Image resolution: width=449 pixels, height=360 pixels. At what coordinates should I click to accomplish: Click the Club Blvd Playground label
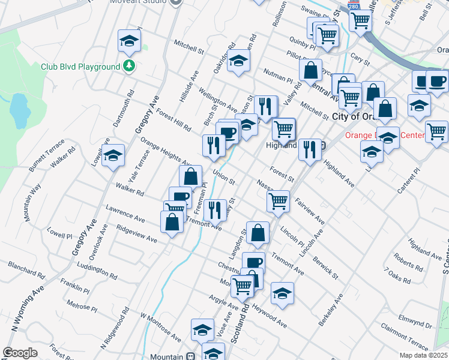pos(80,67)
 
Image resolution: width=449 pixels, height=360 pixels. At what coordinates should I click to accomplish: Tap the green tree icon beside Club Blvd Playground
pos(128,65)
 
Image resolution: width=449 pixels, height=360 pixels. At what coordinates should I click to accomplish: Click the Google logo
pos(20,353)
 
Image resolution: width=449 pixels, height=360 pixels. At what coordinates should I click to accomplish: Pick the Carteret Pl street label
pos(411,180)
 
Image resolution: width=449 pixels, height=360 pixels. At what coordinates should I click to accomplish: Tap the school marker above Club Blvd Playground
pos(128,41)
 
